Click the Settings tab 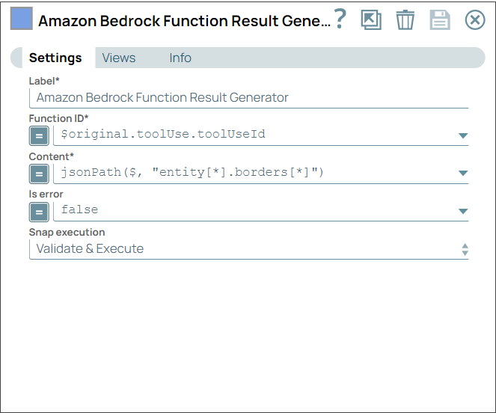tap(55, 58)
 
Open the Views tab tap(119, 58)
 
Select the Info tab tap(180, 58)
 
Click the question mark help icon tap(340, 19)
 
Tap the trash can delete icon tap(405, 20)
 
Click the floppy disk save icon tap(440, 20)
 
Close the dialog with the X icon tap(475, 20)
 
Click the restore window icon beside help tap(371, 20)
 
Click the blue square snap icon tap(21, 19)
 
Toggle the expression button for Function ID tap(39, 135)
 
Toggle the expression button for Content tap(39, 174)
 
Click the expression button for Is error tap(39, 212)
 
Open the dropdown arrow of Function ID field tap(462, 135)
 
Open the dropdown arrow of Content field tap(462, 174)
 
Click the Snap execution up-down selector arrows tap(465, 250)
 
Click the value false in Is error tap(79, 210)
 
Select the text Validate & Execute tap(90, 248)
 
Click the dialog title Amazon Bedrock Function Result tap(183, 21)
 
